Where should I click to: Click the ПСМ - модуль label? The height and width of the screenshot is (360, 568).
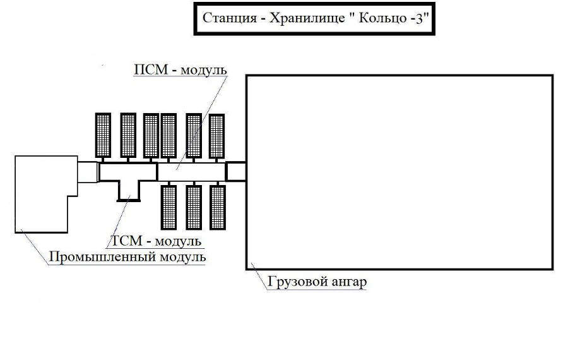179,69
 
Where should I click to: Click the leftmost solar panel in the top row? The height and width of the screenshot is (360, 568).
103,135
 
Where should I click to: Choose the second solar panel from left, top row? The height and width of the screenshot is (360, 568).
128,135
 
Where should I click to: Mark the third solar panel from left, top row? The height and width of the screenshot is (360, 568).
151,135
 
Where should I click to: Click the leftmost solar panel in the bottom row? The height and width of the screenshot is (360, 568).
169,207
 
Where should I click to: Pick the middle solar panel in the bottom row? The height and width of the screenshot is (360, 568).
194,207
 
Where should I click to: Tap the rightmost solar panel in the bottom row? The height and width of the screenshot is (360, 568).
218,207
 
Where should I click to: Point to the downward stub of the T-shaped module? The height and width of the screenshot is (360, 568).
129,191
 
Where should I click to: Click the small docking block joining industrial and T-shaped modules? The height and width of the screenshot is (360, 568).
87,171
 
